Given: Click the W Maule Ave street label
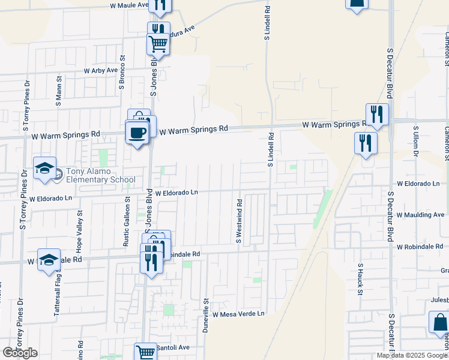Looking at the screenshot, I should pos(128,5).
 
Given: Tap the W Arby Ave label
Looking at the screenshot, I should pos(101,70).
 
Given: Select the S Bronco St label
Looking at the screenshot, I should pos(121,73).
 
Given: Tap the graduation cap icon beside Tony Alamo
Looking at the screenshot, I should pos(45,169).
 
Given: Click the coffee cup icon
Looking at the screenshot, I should pos(137,133).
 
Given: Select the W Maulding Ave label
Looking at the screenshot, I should pos(420,215).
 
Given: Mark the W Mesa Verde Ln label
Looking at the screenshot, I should pos(238,314).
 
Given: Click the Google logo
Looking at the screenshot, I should pos(20,353).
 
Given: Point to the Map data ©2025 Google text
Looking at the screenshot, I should pos(412,355).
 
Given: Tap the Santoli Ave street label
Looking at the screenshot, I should pos(173,347).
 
